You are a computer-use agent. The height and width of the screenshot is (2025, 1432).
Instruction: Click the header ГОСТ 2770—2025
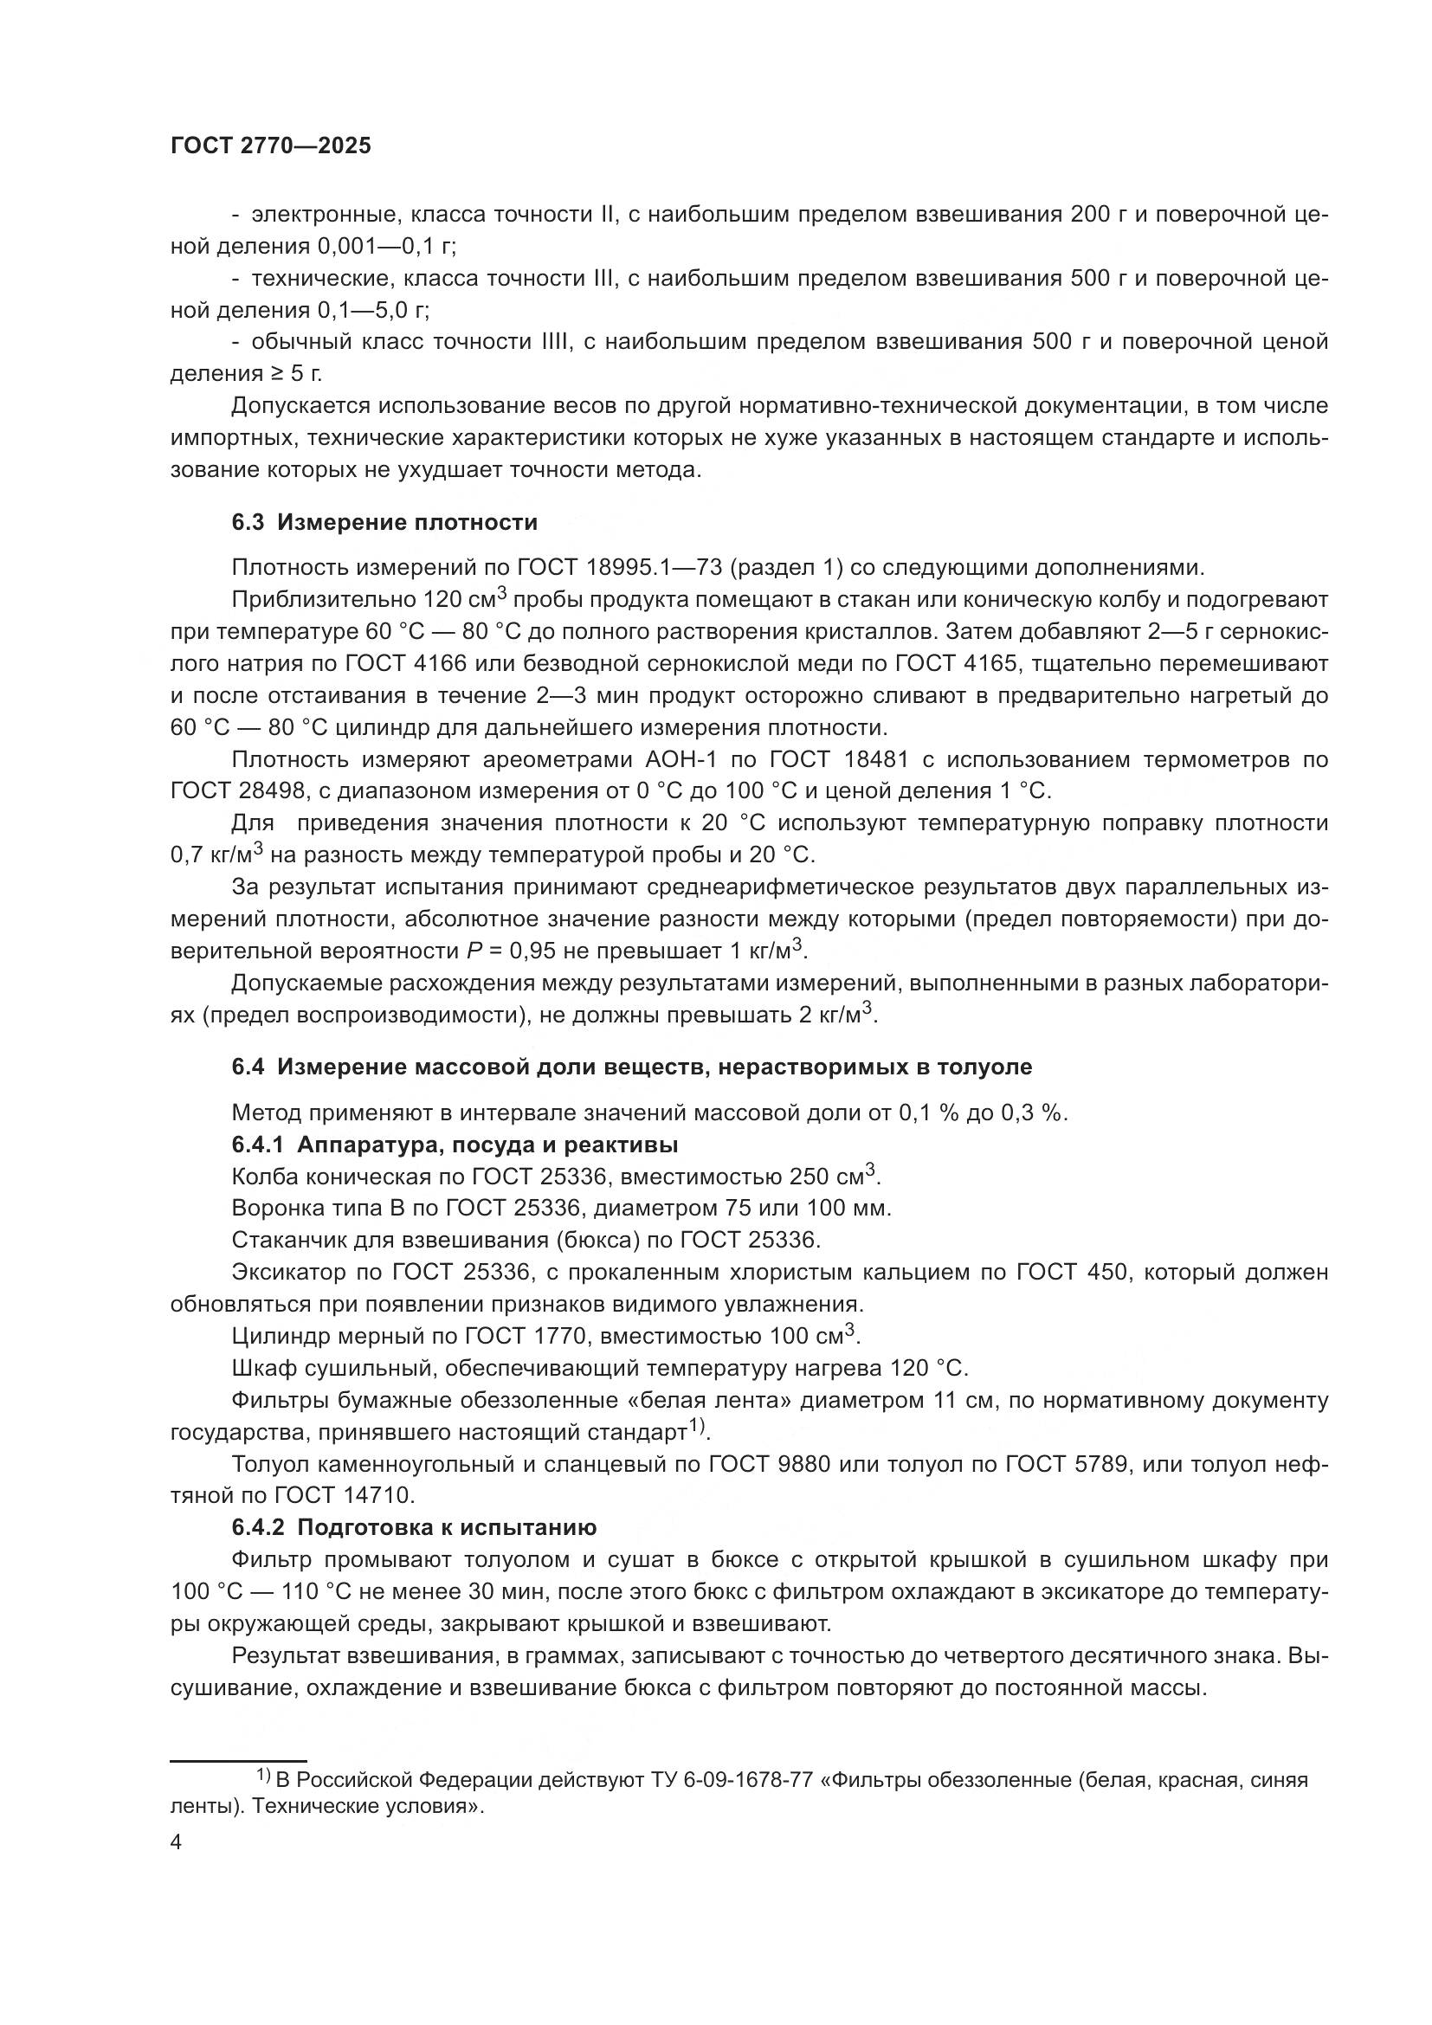[x=271, y=146]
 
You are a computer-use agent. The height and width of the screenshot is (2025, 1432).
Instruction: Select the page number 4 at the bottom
[x=176, y=1842]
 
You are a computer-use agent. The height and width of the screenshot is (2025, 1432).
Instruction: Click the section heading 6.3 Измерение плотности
[x=384, y=523]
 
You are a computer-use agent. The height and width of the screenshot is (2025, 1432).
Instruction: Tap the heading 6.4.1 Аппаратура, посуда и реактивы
[x=455, y=1145]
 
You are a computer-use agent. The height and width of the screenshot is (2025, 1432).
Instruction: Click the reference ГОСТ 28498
[x=237, y=791]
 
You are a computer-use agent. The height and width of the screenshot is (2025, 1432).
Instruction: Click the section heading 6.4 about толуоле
[x=631, y=1067]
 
